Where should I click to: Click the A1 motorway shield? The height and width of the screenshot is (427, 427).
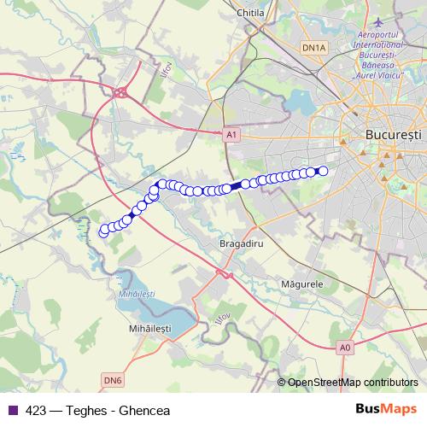pos(231,134)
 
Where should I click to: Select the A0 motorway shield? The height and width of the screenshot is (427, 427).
pos(344,348)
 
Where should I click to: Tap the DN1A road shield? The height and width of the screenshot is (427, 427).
pos(314,49)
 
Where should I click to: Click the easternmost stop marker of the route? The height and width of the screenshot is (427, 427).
pos(323,171)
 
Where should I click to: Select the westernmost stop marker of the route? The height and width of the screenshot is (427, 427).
pos(104,231)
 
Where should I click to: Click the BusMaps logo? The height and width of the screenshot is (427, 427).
pos(386,410)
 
